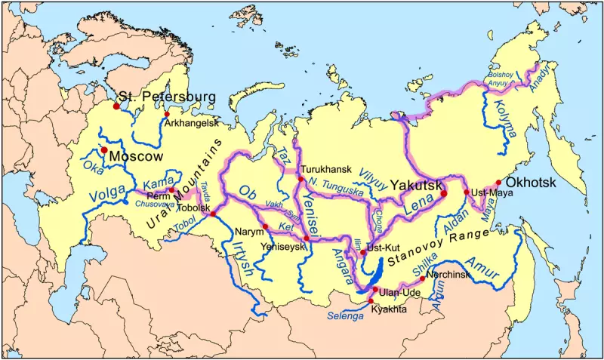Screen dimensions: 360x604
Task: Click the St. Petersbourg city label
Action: [168, 97]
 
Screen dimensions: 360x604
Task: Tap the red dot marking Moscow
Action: [103, 150]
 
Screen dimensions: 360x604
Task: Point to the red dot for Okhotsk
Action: [498, 183]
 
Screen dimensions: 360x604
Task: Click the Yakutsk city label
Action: [416, 183]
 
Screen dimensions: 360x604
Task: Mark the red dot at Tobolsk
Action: [214, 215]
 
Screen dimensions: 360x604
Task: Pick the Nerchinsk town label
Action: [448, 275]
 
